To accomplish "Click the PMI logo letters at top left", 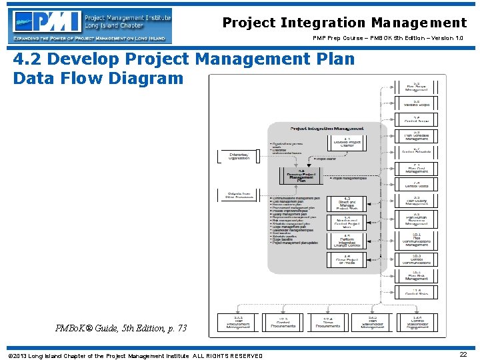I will point(47,25).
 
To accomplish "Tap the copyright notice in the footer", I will point(134,355).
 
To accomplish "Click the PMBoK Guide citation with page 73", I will point(122,328).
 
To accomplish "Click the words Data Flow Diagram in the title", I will point(97,78).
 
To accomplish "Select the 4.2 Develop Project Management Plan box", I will point(300,175).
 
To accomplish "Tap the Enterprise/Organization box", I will point(238,156).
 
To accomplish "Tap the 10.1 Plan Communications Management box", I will point(416,239).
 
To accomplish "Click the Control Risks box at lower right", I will point(416,292).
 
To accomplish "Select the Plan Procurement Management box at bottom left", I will point(238,323).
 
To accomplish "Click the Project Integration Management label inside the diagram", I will point(327,128).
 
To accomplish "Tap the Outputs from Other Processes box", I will point(238,195).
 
